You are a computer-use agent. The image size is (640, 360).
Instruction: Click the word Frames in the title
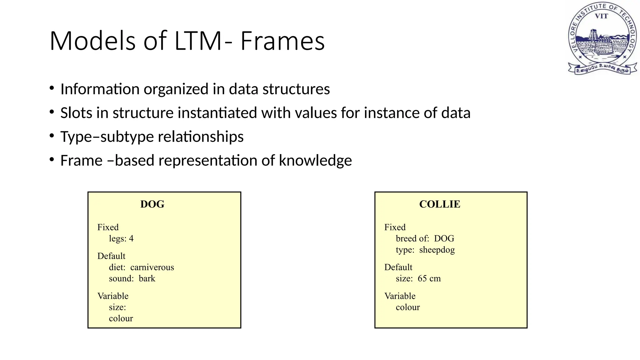click(282, 41)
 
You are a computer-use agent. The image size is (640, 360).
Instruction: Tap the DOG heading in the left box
click(152, 204)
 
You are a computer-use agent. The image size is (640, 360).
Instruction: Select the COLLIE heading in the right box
click(439, 204)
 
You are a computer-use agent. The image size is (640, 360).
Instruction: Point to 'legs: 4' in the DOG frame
click(121, 238)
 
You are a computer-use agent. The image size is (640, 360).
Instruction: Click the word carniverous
click(152, 267)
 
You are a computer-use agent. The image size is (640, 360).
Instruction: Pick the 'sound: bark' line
click(132, 278)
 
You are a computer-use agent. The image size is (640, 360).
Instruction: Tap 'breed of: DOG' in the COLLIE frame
click(425, 238)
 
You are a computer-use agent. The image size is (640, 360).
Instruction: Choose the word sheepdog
click(437, 250)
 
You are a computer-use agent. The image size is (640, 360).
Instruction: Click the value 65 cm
click(429, 278)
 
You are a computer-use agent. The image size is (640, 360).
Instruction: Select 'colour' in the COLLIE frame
click(407, 307)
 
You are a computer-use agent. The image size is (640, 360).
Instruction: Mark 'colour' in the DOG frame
click(121, 318)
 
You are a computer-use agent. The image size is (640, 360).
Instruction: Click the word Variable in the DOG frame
click(113, 296)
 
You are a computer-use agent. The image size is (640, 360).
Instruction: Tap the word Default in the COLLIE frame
click(398, 267)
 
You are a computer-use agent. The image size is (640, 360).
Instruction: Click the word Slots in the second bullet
click(76, 113)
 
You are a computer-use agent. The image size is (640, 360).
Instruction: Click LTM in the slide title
click(198, 41)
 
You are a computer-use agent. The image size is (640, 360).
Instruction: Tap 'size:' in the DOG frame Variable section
click(117, 307)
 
